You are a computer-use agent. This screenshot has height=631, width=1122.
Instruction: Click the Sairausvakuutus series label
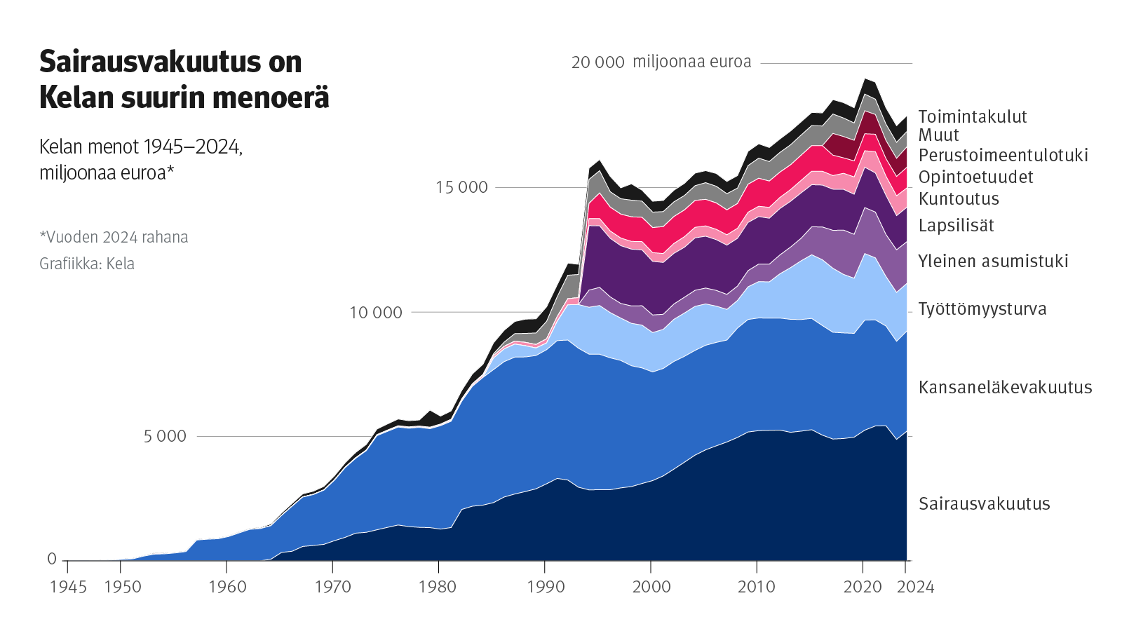[x=984, y=503]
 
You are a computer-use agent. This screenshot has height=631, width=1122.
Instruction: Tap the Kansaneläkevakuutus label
[x=1005, y=387]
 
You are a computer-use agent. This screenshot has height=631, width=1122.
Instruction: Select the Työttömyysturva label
[x=982, y=309]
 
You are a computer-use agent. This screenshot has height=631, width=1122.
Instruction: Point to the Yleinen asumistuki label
[x=993, y=262]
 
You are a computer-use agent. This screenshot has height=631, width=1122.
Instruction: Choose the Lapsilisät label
[x=956, y=225]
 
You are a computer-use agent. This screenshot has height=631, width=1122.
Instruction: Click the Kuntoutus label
[x=959, y=198]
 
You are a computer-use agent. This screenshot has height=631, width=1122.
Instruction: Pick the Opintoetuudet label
[x=975, y=177]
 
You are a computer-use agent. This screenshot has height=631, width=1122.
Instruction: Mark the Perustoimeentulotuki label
[x=1003, y=155]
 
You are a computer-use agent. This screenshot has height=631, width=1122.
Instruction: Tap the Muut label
[x=938, y=135]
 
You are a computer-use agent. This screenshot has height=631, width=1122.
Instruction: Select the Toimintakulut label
[x=972, y=116]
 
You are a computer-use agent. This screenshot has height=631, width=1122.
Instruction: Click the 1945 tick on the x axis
[x=68, y=587]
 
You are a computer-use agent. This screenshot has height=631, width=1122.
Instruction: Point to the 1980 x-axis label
[x=438, y=587]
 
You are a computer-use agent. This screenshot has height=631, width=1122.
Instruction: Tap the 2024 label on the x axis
[x=915, y=587]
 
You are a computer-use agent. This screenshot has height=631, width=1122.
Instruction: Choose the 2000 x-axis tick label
[x=651, y=587]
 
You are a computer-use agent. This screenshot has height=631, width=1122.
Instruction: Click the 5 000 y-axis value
[x=165, y=436]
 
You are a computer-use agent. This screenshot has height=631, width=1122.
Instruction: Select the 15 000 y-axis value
[x=461, y=187]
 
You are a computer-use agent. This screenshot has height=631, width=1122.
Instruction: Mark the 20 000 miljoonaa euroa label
[x=661, y=62]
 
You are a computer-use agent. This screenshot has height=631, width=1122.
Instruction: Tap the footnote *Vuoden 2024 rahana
[x=114, y=237]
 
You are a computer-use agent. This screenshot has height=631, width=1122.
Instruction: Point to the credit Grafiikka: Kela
[x=87, y=264]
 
